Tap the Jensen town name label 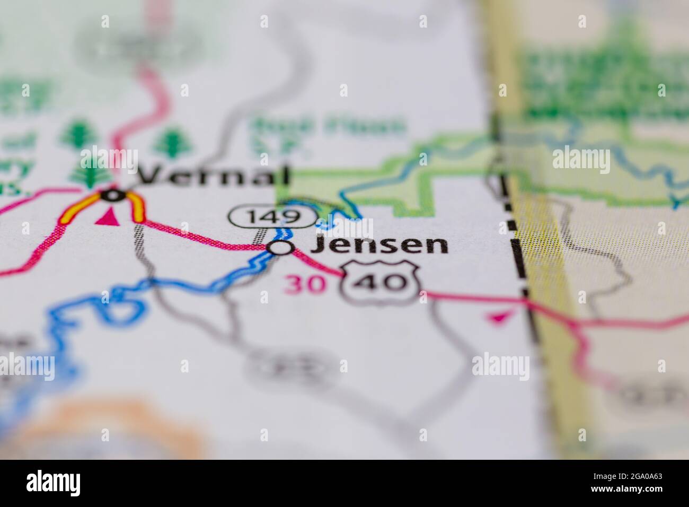(x=379, y=246)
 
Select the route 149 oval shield (x=272, y=216)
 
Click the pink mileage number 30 (x=305, y=284)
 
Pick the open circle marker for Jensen (x=280, y=247)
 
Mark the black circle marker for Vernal (x=112, y=196)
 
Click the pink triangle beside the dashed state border (x=497, y=317)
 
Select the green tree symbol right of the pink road (x=171, y=141)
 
